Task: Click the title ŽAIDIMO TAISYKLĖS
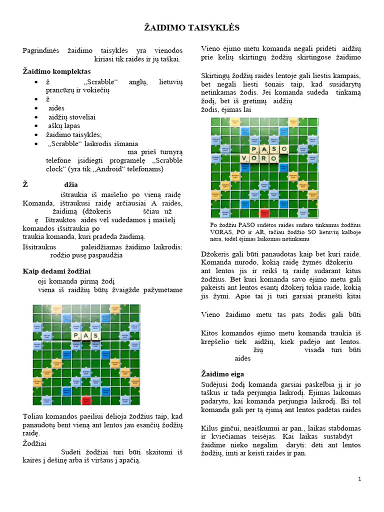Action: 191,27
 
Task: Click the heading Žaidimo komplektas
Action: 57,71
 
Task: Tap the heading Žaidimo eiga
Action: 223,373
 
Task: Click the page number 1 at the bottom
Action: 359,479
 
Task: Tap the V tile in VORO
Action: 245,158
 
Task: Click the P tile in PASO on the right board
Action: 254,149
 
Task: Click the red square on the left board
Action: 86,400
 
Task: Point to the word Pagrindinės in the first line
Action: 41,50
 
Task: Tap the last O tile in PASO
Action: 283,149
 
